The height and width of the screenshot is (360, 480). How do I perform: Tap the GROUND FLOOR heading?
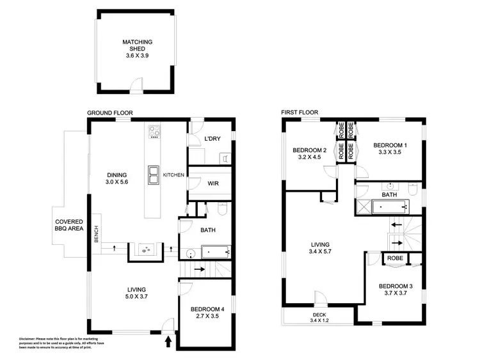click(109, 113)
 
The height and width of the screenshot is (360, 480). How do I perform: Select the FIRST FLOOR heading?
click(300, 113)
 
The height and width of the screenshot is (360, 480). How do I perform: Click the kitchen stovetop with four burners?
click(154, 132)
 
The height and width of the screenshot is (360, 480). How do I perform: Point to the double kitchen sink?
click(154, 175)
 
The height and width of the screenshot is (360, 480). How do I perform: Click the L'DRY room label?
click(212, 139)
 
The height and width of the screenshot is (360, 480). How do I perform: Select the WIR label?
click(212, 183)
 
